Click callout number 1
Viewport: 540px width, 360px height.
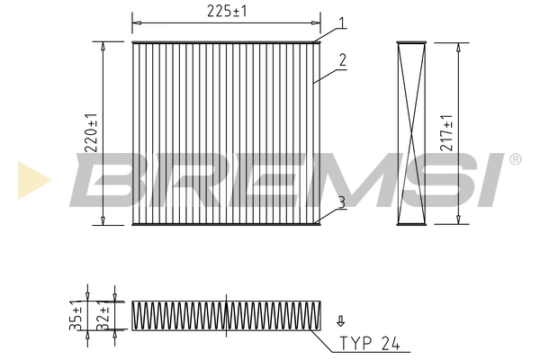click(343, 22)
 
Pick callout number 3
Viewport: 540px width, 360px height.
click(343, 202)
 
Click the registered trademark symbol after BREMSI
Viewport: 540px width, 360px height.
click(515, 159)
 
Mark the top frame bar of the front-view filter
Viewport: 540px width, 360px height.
click(226, 41)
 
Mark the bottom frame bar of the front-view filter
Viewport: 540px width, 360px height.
click(226, 224)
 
